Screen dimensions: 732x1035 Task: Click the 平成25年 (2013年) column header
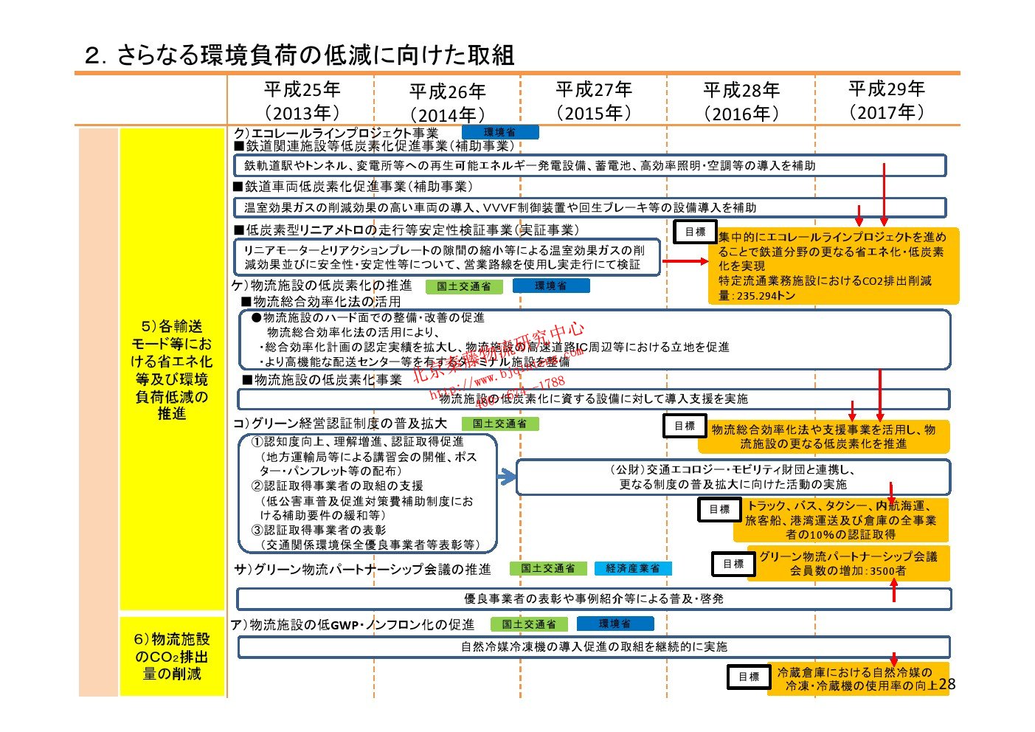point(302,101)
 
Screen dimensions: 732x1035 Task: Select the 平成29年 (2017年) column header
point(886,100)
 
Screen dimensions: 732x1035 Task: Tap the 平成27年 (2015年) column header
point(594,101)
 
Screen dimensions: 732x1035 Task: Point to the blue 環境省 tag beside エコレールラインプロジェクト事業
point(500,132)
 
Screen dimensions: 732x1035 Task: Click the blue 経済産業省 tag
point(632,568)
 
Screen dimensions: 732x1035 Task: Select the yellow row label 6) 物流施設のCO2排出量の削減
point(172,656)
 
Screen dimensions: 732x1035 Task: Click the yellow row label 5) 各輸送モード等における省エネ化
point(172,370)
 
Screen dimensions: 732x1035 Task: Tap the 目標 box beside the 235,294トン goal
point(695,232)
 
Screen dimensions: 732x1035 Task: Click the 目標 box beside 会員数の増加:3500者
point(733,564)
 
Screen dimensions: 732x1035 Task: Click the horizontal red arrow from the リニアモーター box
point(685,261)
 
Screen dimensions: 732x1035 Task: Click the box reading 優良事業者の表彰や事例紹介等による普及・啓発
point(594,598)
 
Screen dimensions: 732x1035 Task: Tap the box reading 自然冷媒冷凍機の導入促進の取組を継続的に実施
point(594,646)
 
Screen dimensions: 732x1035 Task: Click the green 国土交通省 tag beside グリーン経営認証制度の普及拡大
point(500,424)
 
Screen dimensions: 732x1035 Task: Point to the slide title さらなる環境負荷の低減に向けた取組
point(300,55)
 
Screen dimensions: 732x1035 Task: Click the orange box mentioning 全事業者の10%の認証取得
point(841,519)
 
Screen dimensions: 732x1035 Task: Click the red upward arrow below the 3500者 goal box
point(894,590)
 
